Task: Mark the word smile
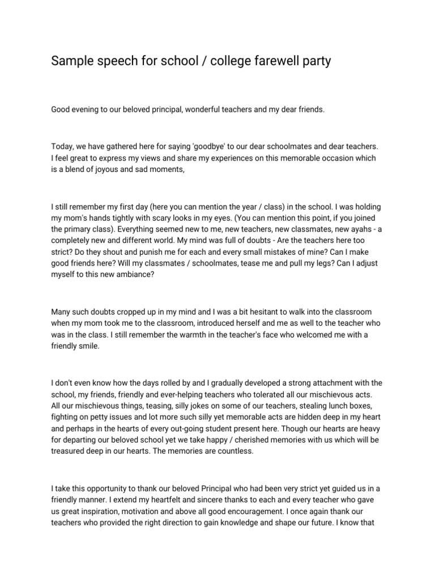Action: click(88, 346)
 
